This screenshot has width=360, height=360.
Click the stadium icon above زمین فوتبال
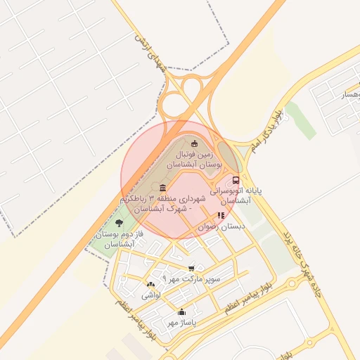point(195,144)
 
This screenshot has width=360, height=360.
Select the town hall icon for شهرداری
point(163,187)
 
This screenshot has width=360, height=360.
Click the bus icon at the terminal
point(236,179)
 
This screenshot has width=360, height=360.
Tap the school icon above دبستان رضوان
point(221,216)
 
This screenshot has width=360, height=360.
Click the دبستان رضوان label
point(223,227)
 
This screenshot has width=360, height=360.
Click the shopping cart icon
point(191,268)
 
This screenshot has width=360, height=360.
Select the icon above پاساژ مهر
point(181,311)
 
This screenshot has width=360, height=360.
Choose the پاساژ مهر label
point(181,322)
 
